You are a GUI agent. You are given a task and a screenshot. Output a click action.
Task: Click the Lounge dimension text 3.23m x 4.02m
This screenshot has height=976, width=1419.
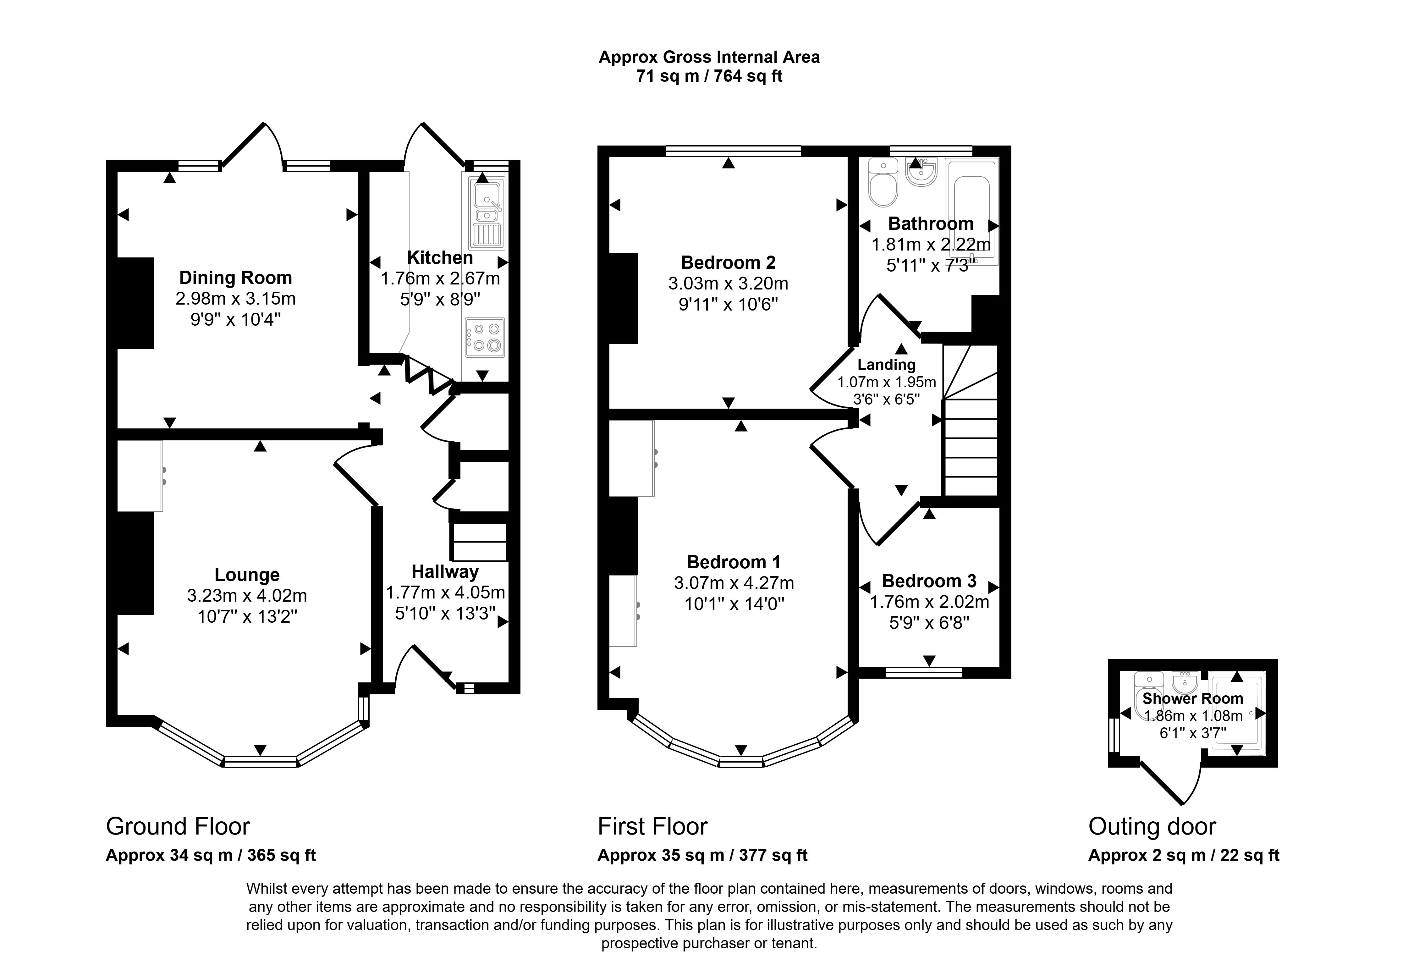(x=247, y=596)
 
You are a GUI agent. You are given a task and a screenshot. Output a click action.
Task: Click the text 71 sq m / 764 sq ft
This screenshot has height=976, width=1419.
(x=709, y=76)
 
